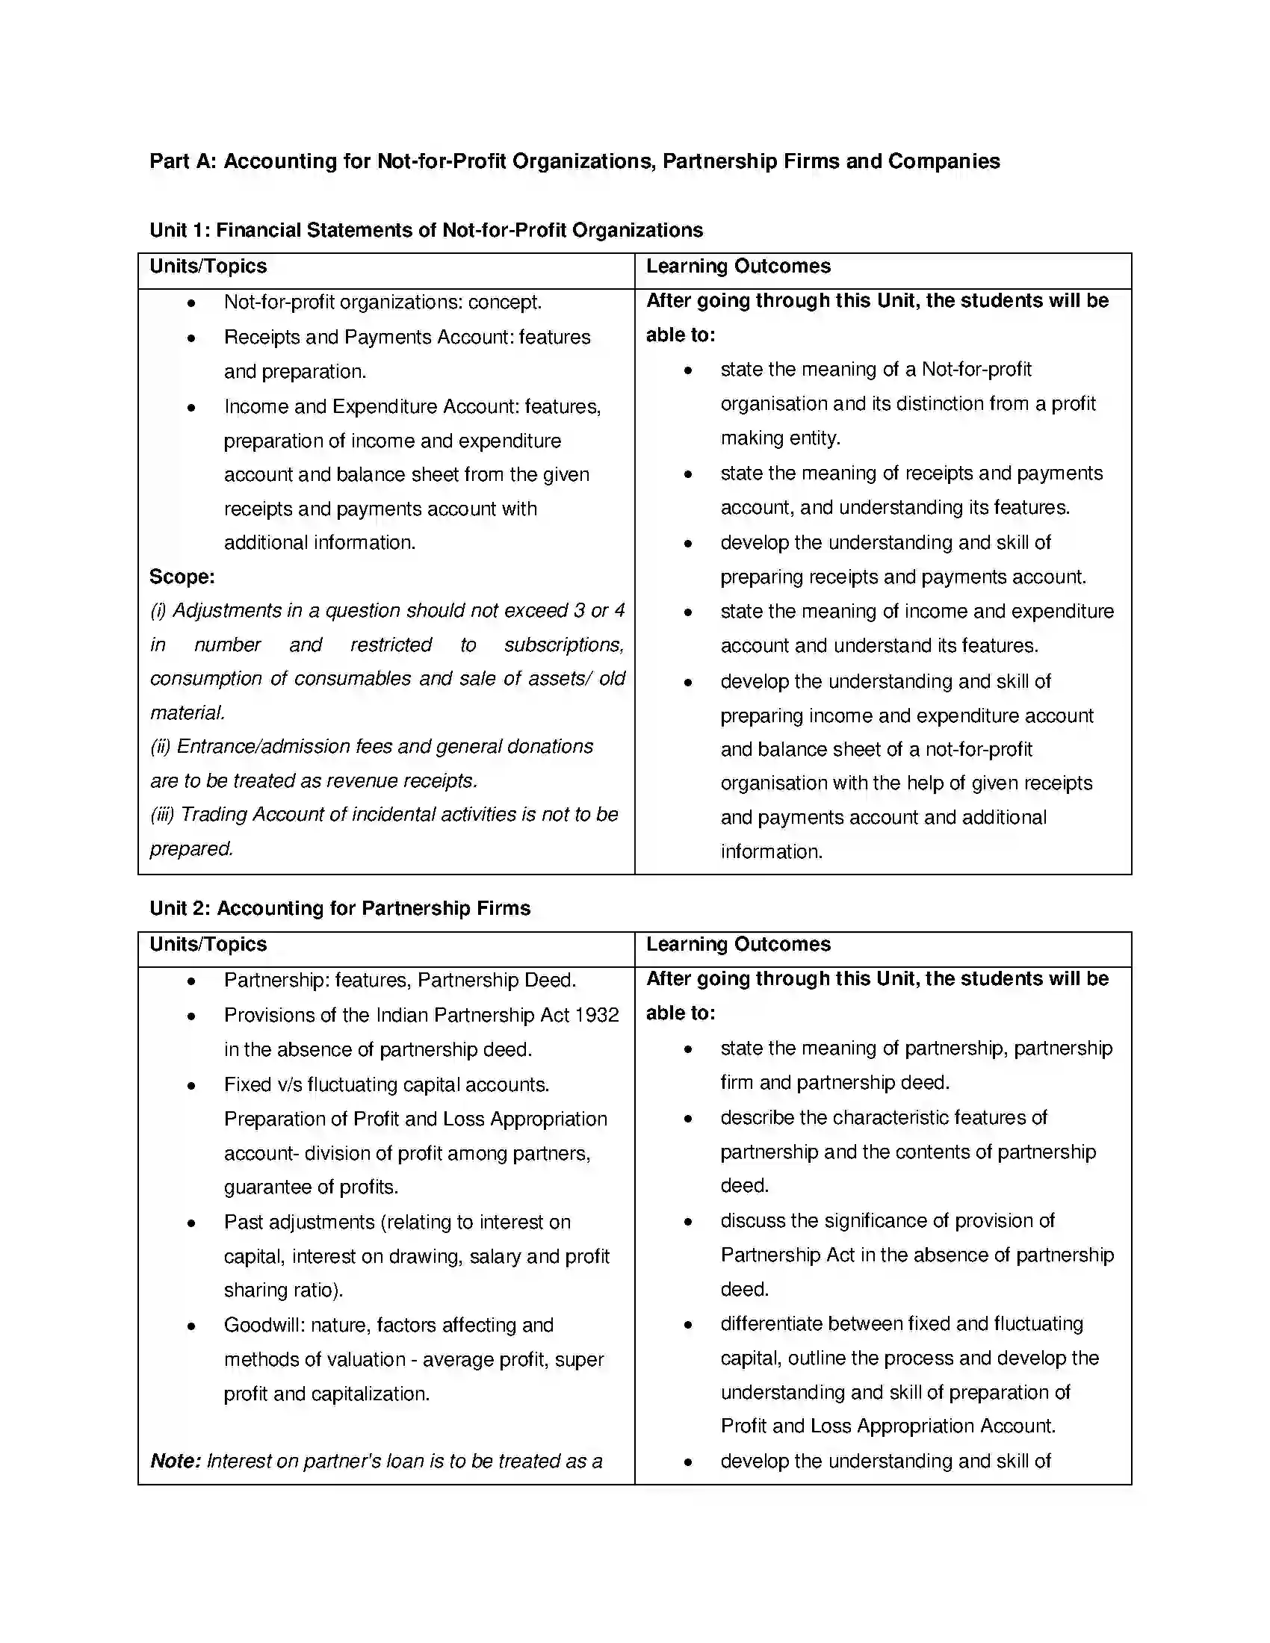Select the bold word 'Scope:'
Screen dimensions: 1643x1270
[x=182, y=577]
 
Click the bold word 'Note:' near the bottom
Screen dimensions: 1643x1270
[x=176, y=1461]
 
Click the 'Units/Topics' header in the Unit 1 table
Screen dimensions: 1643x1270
[x=208, y=267]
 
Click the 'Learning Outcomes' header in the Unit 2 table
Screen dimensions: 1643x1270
[x=738, y=945]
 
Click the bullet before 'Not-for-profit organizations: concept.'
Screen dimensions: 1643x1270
[x=192, y=303]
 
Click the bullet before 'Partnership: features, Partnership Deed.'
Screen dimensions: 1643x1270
[x=192, y=982]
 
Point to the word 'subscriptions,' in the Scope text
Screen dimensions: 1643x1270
[x=564, y=645]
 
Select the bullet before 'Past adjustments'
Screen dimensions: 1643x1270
[x=192, y=1223]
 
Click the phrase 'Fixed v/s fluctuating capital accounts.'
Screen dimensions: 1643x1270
[x=387, y=1085]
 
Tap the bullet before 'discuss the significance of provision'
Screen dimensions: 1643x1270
[x=687, y=1223]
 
